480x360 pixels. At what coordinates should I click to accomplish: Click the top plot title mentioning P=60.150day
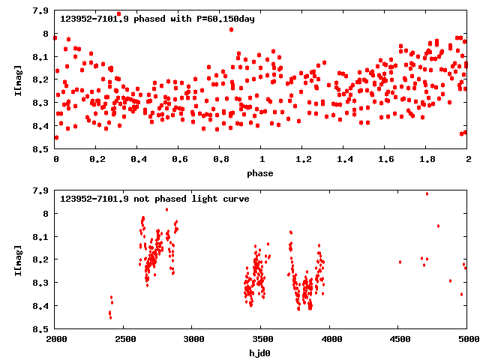(x=157, y=19)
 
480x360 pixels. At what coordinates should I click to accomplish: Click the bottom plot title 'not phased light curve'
(x=154, y=199)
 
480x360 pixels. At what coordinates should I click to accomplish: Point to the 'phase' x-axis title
(x=261, y=173)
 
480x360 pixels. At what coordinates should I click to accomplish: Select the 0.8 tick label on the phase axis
(x=220, y=160)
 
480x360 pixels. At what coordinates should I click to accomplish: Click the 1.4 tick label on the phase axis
(x=344, y=160)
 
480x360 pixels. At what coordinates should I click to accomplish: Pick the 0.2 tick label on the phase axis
(x=97, y=160)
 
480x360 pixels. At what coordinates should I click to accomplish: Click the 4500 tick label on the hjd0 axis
(x=399, y=340)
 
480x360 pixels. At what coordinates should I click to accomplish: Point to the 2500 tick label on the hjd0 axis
(x=124, y=340)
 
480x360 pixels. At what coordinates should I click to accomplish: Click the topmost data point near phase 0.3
(x=118, y=13)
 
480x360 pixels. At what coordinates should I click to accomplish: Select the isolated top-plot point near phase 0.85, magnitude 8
(x=231, y=29)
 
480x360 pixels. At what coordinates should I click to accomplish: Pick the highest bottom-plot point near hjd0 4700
(x=427, y=193)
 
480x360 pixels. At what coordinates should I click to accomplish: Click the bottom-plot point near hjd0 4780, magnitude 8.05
(x=438, y=226)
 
